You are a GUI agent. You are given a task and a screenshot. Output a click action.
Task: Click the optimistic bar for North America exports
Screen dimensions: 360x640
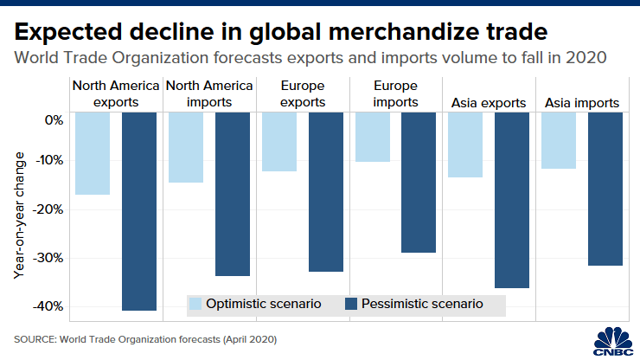pos(93,153)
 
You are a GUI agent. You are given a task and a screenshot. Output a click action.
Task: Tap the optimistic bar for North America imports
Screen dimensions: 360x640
pos(185,147)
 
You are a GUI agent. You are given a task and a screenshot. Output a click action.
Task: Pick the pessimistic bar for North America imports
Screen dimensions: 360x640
pos(232,194)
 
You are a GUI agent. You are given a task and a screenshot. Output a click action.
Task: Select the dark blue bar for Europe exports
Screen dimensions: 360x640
pos(325,191)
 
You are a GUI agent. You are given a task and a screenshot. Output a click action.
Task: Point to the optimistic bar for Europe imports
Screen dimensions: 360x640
pos(372,137)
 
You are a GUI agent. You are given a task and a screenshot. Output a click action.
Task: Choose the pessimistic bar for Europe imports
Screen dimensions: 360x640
pos(419,182)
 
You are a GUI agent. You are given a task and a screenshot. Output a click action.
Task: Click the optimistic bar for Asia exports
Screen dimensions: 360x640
pos(464,145)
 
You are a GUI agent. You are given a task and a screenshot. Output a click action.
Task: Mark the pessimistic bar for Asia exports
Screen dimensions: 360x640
pos(511,200)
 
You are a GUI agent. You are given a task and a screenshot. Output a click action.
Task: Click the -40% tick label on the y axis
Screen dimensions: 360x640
pos(49,306)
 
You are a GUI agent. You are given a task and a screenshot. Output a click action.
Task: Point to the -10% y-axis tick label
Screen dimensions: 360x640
pos(49,160)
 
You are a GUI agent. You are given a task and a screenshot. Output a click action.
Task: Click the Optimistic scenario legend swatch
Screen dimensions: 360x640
pos(195,304)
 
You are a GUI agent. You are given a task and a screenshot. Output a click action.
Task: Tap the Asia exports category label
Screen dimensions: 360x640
pos(489,103)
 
